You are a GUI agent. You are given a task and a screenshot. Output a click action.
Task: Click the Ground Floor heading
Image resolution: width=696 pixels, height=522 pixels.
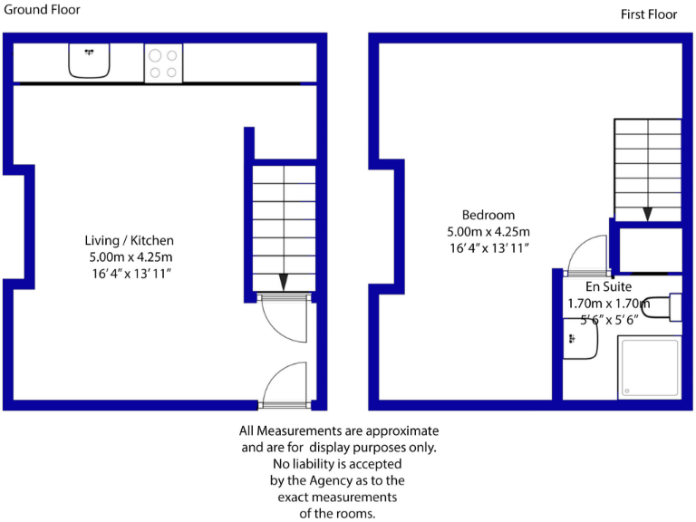click(x=42, y=10)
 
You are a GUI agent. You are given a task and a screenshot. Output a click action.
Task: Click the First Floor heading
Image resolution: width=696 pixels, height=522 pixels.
click(x=649, y=14)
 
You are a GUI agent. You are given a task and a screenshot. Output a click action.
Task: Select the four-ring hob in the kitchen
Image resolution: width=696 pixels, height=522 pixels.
click(x=163, y=63)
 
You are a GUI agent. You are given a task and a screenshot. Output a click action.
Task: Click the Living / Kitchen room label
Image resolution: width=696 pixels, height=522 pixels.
click(x=129, y=241)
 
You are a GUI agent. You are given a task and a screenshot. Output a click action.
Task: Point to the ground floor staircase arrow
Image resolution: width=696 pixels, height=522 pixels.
click(x=283, y=282)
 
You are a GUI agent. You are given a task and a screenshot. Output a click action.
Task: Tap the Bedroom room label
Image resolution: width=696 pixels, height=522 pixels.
click(x=488, y=215)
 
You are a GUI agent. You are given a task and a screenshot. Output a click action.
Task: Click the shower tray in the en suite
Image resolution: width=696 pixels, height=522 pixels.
click(x=648, y=368)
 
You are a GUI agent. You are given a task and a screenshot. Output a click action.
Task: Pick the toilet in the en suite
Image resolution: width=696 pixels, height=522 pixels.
click(x=672, y=306)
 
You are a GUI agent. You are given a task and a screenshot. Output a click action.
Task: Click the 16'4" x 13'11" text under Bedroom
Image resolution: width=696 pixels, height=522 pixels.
click(x=488, y=247)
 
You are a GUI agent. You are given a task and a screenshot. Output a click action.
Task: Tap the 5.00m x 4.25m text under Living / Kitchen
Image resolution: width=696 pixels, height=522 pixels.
click(x=129, y=257)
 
